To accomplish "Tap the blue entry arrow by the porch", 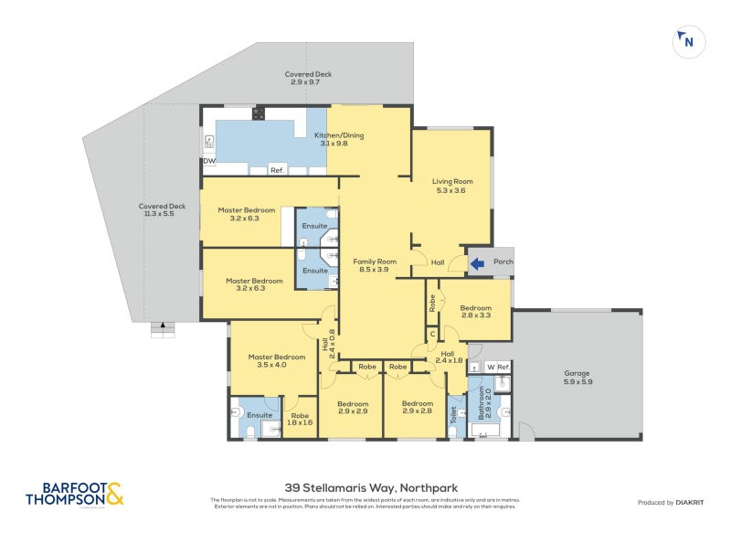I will (x=477, y=265).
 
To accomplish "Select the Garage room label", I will (x=577, y=378).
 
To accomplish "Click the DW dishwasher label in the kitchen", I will (x=209, y=161).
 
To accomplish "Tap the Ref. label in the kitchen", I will (x=278, y=171).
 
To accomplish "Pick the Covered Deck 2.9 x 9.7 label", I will (x=307, y=79).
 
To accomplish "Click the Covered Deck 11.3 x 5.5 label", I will (x=162, y=210).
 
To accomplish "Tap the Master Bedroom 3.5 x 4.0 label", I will (x=277, y=361).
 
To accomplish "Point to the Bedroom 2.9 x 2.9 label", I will (x=353, y=408).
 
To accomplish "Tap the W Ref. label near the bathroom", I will (x=497, y=368).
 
